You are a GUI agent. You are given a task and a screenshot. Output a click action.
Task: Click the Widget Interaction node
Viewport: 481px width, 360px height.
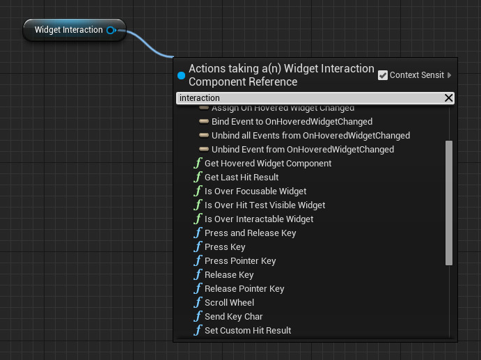pyautogui.click(x=68, y=30)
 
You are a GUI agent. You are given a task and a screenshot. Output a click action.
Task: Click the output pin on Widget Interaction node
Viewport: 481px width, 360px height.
pyautogui.click(x=111, y=30)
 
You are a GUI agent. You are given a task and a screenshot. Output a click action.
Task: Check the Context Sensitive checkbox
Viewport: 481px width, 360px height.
pyautogui.click(x=383, y=75)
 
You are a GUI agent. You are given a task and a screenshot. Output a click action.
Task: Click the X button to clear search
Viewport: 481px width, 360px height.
pyautogui.click(x=449, y=98)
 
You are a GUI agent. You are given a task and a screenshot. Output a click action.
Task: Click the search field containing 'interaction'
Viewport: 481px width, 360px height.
pyautogui.click(x=306, y=98)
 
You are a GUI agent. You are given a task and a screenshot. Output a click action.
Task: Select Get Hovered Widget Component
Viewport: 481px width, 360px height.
pyautogui.click(x=267, y=164)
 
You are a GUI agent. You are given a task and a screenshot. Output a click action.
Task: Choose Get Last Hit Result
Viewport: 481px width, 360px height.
pyautogui.click(x=241, y=178)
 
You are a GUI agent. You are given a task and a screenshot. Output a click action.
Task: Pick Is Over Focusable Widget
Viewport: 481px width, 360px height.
pyautogui.click(x=255, y=191)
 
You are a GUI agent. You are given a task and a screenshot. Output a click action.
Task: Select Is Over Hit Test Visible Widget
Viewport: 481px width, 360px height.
pyautogui.click(x=265, y=205)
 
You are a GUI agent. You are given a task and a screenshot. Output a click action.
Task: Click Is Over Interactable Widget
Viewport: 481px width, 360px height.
pyautogui.click(x=258, y=219)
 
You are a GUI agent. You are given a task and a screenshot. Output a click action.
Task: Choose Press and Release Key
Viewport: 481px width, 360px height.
pyautogui.click(x=250, y=233)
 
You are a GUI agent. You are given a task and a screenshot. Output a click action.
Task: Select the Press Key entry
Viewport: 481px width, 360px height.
pyautogui.click(x=224, y=247)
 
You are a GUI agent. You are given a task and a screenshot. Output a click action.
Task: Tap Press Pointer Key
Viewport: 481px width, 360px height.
pyautogui.click(x=239, y=261)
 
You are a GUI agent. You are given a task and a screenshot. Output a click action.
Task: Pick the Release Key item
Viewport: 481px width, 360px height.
pyautogui.click(x=228, y=275)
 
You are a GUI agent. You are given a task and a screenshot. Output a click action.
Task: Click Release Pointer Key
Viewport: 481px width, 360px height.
pyautogui.click(x=244, y=289)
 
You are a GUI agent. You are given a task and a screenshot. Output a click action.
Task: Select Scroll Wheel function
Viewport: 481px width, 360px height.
pyautogui.click(x=229, y=303)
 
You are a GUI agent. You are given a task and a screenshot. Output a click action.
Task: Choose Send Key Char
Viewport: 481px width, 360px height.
pyautogui.click(x=233, y=317)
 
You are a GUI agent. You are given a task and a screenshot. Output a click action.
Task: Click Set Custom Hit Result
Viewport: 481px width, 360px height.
pyautogui.click(x=247, y=331)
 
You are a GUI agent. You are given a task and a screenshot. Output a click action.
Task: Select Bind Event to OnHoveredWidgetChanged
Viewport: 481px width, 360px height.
pyautogui.click(x=292, y=122)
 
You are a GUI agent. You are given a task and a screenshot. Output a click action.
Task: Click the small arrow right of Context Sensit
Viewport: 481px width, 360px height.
pyautogui.click(x=449, y=75)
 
